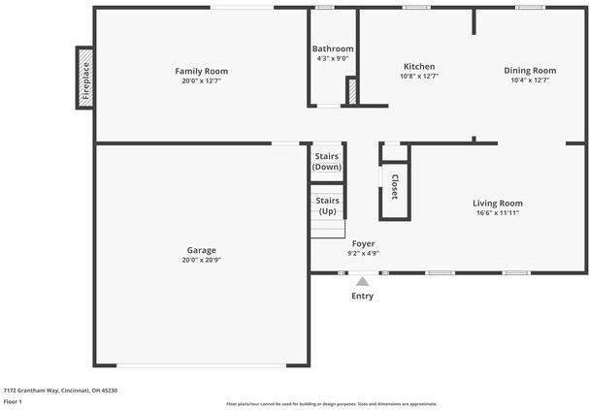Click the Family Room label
point(201,71)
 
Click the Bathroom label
point(332,48)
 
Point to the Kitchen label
point(418,66)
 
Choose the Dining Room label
point(529,70)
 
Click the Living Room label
point(497,203)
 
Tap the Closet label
point(395,186)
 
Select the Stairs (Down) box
point(327,161)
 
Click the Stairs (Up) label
point(327,205)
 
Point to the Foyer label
point(363,243)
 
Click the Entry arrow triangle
point(362,281)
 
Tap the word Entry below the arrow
point(362,296)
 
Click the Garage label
point(201,249)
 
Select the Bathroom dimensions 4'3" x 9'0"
point(332,58)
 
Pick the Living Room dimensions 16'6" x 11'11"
point(497,212)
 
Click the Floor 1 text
point(13,400)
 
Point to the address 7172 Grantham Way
point(39,390)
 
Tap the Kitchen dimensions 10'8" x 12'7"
point(418,77)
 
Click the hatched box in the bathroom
point(352,91)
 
